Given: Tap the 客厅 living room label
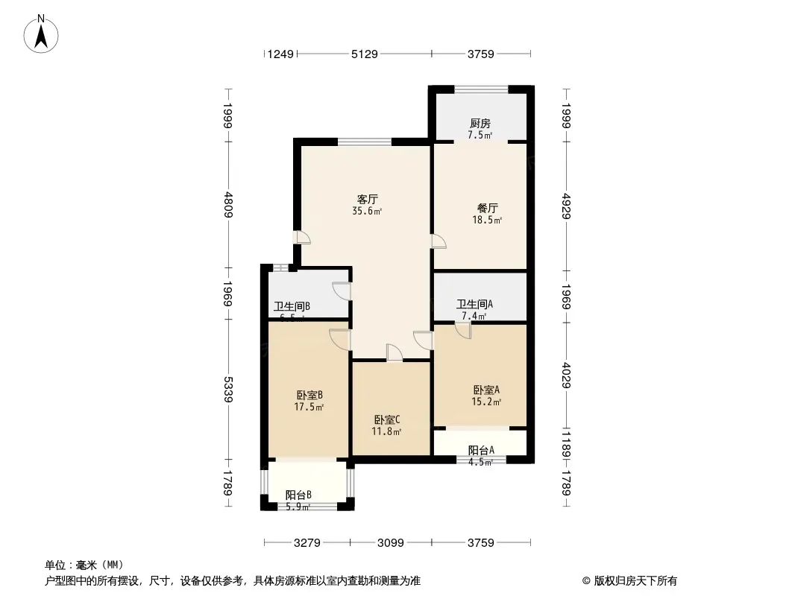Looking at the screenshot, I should point(367,199).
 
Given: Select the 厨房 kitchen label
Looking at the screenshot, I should point(480,124).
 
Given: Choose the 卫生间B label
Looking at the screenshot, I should point(292,306).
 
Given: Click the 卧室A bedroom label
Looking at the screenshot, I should point(486,390).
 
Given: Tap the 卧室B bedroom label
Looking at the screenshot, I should point(309,395).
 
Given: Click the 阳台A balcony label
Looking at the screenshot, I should point(481,450).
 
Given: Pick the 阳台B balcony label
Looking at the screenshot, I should point(298,495).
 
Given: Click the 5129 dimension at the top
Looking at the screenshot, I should point(364,54).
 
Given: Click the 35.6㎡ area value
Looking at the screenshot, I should point(367,211).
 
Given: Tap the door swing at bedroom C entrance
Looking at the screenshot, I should point(393,353).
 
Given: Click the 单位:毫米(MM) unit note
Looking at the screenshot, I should point(84,565).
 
